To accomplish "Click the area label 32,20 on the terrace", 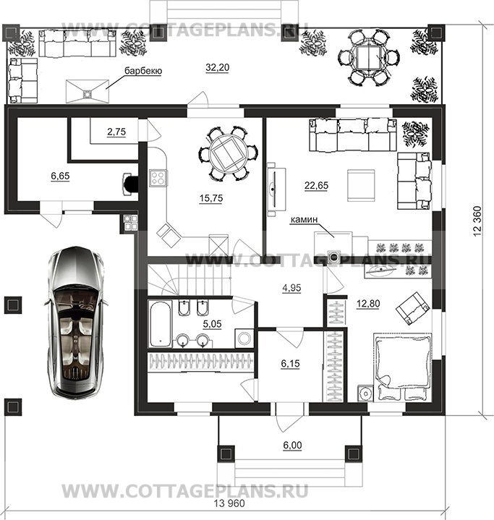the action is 217,68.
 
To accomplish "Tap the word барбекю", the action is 143,71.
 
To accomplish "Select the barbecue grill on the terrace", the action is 88,91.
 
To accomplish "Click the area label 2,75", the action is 116,132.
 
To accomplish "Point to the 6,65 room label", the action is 60,176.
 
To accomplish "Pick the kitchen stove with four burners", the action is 158,177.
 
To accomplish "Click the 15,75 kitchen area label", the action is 211,198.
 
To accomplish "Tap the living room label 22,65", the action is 317,186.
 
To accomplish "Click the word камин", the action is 304,220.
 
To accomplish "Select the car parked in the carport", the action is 75,321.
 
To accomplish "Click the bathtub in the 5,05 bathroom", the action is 161,323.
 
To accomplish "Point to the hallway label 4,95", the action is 291,288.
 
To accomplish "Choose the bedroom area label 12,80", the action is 368,304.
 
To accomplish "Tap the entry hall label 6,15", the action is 290,364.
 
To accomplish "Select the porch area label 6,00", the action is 292,446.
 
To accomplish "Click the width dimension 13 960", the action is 229,503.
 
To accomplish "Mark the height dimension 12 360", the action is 477,221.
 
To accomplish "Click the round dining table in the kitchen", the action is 229,153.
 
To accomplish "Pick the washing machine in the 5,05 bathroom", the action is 244,338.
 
